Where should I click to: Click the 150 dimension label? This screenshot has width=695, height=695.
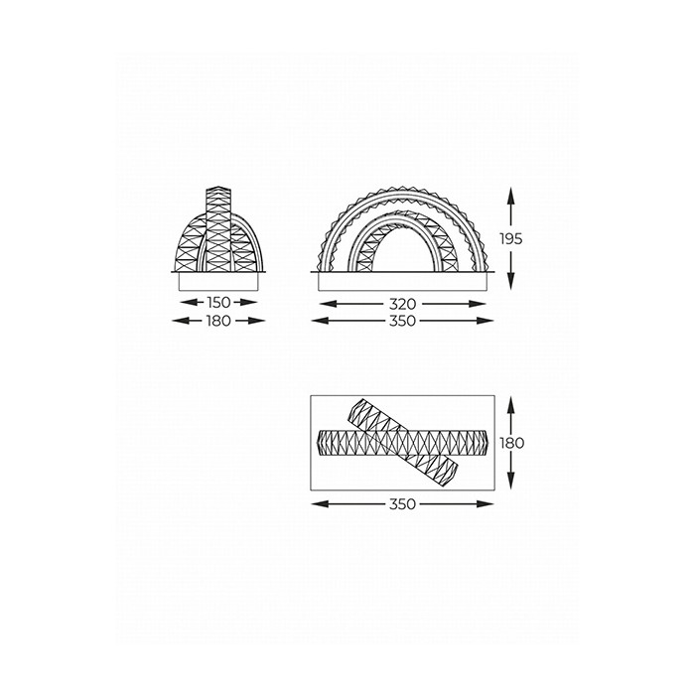click(x=218, y=303)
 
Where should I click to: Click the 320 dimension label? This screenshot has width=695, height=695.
click(x=403, y=304)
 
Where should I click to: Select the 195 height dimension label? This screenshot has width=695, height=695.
click(x=511, y=239)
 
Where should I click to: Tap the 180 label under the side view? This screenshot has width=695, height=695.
click(x=218, y=321)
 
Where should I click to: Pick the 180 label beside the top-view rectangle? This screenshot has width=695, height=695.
click(x=512, y=443)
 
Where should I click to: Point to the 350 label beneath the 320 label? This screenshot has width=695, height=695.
click(x=403, y=321)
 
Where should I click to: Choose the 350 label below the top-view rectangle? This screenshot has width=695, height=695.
click(x=403, y=504)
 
